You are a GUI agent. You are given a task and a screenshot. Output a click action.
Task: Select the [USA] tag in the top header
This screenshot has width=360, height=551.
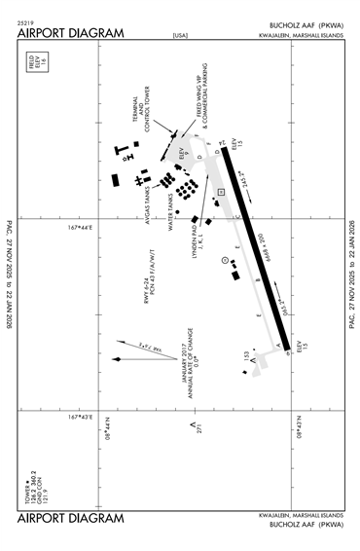click(180, 36)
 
